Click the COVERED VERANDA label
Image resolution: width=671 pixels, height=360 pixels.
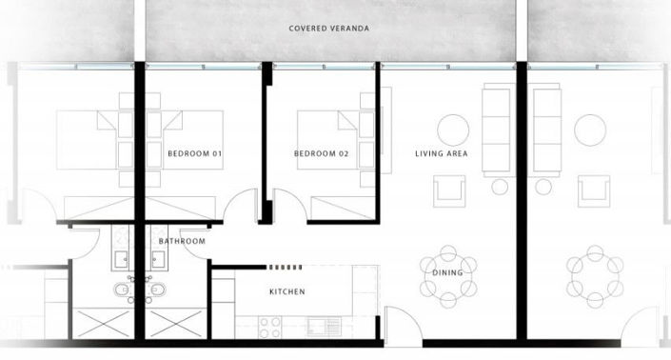click(x=328, y=29)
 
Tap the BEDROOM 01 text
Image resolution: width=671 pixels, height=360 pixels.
click(x=194, y=153)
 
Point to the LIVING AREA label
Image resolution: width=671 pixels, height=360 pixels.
click(x=441, y=153)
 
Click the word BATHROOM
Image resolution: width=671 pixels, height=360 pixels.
click(x=182, y=241)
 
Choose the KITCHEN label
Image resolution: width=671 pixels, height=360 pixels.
click(x=286, y=291)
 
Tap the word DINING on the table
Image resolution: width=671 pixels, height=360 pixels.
click(x=446, y=273)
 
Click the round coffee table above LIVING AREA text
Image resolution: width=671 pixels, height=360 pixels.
click(x=452, y=130)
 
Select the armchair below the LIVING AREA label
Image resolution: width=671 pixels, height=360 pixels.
click(x=450, y=191)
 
